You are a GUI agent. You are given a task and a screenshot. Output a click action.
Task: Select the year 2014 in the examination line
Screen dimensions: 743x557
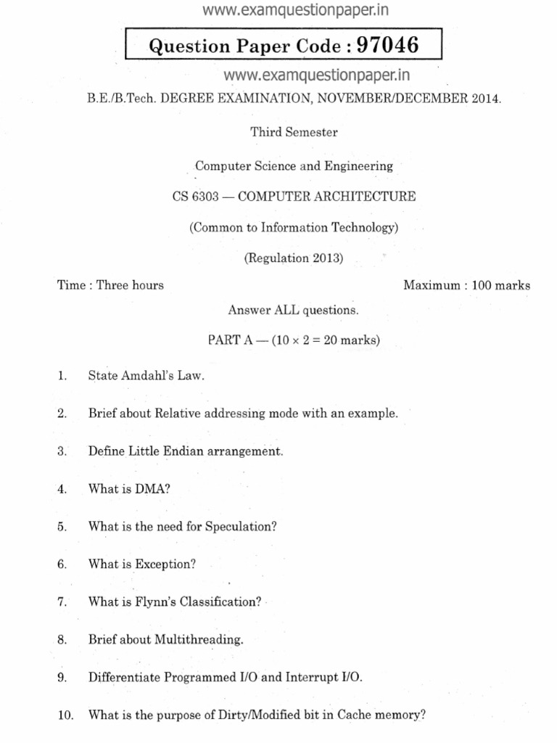point(484,99)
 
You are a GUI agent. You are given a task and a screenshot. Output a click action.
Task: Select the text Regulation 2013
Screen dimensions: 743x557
point(294,258)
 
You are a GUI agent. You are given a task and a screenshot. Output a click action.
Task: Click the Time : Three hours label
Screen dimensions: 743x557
point(110,285)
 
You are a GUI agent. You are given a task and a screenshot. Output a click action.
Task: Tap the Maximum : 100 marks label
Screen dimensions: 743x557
point(466,285)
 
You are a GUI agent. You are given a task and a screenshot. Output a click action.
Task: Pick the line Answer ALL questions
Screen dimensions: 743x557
point(294,310)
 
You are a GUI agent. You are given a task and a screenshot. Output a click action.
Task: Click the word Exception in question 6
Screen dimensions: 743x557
point(165,564)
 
